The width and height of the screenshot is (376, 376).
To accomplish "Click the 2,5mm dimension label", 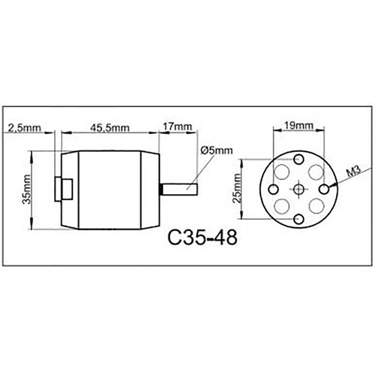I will [x=23, y=128].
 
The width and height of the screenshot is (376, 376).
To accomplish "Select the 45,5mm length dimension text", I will [x=110, y=128].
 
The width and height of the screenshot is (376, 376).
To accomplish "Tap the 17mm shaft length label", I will [x=177, y=128].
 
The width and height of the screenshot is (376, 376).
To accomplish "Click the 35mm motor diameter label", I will [x=27, y=191].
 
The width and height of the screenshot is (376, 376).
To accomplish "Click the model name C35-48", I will [x=202, y=240].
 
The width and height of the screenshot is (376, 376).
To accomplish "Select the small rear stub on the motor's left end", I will [x=62, y=189].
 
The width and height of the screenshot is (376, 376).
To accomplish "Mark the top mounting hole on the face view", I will [x=299, y=159].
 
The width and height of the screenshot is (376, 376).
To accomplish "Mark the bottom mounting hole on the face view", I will [x=299, y=217].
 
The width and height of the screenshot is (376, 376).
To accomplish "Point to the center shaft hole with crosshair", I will [x=299, y=188].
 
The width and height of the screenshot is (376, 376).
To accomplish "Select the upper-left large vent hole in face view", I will [x=283, y=171].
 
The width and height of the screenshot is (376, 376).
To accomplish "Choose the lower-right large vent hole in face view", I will [x=316, y=205].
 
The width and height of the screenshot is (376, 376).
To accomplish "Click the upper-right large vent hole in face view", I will [x=316, y=171].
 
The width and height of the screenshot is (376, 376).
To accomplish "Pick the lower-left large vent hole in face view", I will [x=283, y=205].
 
